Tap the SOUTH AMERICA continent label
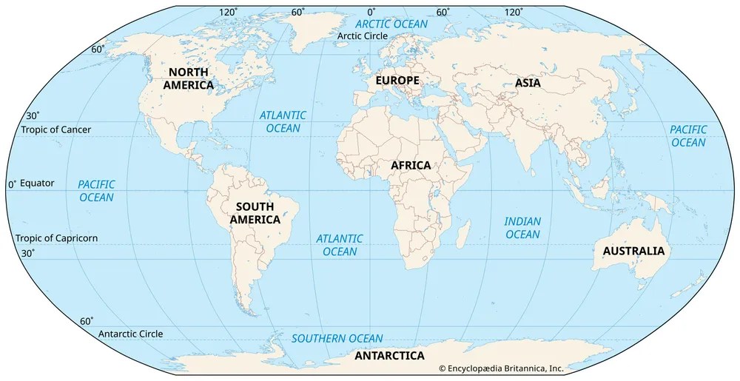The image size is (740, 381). point(255,213)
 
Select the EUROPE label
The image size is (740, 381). point(397,81)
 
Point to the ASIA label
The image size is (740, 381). point(528,84)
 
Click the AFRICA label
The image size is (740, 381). point(411,166)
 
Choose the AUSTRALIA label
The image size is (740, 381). point(633,252)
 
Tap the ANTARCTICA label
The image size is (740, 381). point(389,356)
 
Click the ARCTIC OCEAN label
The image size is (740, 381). point(392,24)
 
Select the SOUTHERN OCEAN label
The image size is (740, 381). point(337,339)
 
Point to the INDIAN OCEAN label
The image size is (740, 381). point(522,228)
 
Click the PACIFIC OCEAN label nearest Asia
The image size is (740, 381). point(688,136)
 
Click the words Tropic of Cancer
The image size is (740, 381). point(56,130)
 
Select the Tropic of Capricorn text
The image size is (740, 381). point(56,239)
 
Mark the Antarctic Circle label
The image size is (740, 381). point(130,334)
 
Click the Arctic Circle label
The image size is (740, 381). point(363,36)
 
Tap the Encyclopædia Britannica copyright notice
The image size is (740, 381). point(501,368)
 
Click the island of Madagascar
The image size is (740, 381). point(464,234)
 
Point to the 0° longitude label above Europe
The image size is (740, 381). point(371,12)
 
